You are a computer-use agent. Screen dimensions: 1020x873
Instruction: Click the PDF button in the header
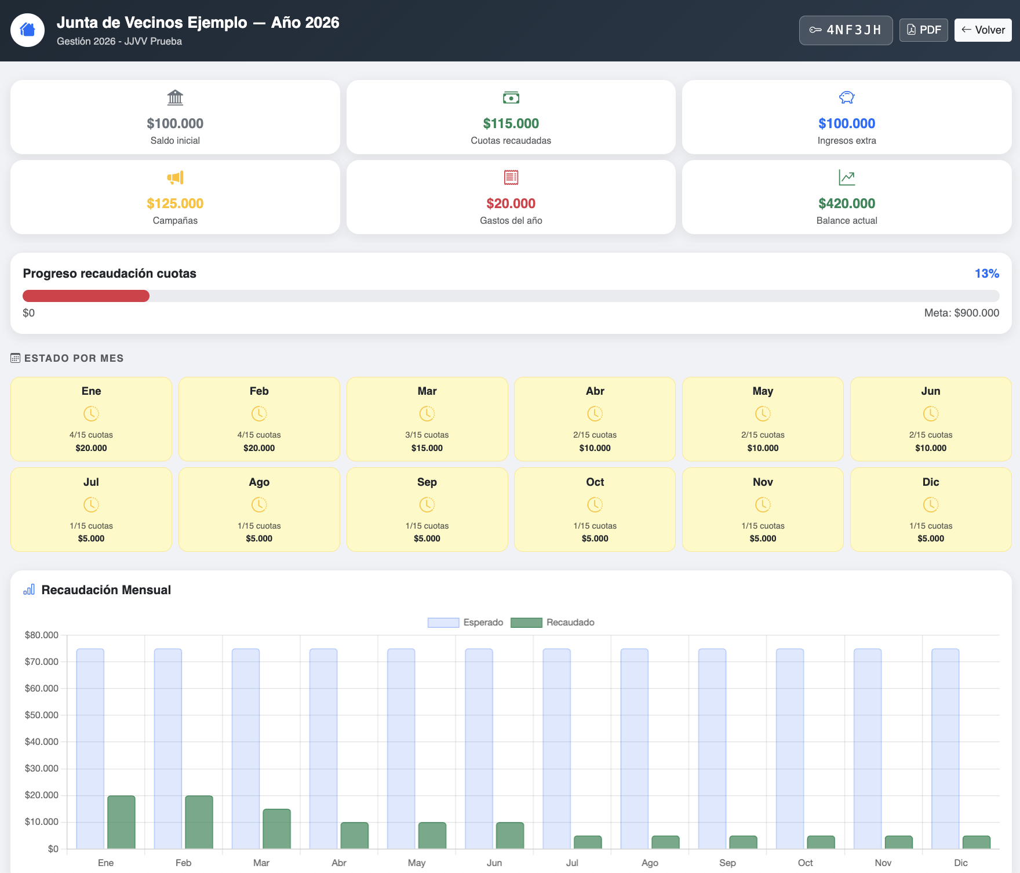(924, 30)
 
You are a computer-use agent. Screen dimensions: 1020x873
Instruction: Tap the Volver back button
(983, 30)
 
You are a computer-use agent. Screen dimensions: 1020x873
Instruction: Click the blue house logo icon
(28, 30)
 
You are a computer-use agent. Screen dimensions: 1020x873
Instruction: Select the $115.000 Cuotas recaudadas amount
(511, 123)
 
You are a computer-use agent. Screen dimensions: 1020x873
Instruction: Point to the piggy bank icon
(847, 97)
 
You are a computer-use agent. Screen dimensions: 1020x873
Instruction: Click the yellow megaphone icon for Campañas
(175, 177)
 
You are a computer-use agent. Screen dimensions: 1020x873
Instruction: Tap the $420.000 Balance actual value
(847, 203)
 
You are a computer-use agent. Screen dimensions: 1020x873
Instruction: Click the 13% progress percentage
(987, 274)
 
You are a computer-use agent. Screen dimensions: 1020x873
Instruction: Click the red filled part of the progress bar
(86, 296)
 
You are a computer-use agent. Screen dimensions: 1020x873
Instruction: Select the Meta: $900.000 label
(961, 313)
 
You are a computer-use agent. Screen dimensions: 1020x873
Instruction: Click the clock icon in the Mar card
(427, 414)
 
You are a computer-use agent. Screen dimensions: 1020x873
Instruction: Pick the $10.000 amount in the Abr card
(595, 448)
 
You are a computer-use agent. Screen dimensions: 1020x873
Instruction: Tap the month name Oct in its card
(595, 482)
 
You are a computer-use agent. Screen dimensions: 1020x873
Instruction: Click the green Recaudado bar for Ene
(121, 822)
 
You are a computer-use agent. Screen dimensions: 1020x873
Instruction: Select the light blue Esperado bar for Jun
(479, 749)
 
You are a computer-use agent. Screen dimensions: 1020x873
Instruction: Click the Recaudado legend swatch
(526, 623)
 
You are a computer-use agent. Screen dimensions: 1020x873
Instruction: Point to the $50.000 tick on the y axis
(42, 715)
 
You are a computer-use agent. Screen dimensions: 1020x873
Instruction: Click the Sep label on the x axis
(727, 863)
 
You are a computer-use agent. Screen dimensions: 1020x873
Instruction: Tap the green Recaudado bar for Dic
(977, 842)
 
